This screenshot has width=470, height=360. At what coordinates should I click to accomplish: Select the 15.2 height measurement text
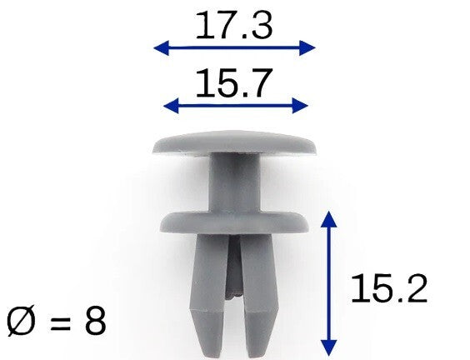click(388, 289)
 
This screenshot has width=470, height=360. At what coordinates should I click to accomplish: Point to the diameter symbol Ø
click(22, 321)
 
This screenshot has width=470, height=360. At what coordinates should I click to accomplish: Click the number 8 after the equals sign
click(95, 321)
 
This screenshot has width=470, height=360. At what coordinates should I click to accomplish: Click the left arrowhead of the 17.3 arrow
click(159, 47)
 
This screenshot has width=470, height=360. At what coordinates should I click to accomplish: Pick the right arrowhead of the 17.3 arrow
click(310, 47)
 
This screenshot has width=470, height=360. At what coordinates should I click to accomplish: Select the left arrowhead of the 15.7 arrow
click(170, 105)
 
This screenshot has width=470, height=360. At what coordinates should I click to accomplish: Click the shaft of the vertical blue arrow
click(330, 283)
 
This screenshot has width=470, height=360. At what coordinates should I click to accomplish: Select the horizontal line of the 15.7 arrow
click(235, 105)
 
